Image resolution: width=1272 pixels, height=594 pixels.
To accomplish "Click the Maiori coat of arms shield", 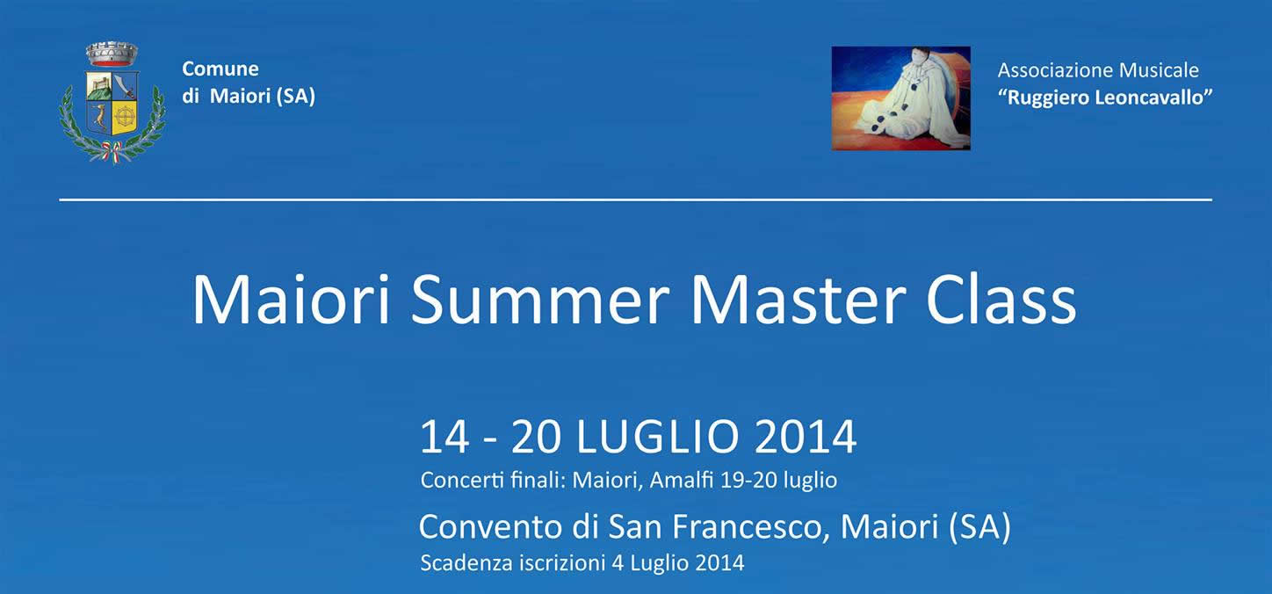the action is tap(112, 104).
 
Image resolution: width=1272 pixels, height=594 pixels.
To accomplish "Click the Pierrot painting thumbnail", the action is tap(901, 98).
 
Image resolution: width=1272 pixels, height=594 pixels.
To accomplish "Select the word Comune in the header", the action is tap(220, 69).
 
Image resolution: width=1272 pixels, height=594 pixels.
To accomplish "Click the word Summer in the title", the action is tap(539, 300).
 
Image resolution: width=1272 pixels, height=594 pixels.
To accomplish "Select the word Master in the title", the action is tap(798, 300).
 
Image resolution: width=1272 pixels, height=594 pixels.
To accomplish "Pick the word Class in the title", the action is tap(1001, 300).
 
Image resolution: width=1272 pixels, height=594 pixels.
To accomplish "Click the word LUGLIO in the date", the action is tap(658, 437).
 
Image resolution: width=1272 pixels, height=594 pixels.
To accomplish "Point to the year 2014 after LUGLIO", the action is tap(806, 437).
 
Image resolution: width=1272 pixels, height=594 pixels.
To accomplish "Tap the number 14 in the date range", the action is tap(445, 437).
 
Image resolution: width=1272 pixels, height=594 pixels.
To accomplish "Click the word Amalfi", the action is tap(682, 481).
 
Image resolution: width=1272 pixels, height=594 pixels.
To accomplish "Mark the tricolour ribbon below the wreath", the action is tap(112, 152).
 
